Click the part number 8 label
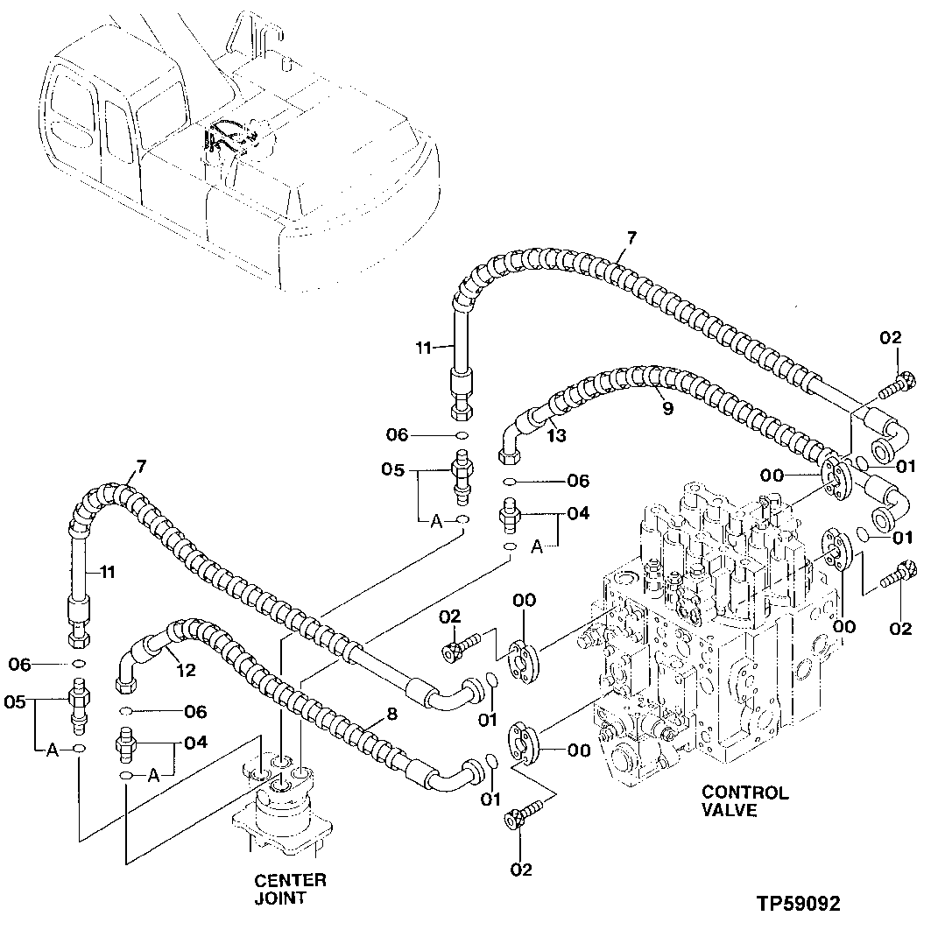click(x=391, y=714)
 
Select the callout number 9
click(x=667, y=406)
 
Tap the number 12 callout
click(x=187, y=672)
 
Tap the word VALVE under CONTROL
click(x=730, y=811)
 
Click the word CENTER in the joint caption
click(x=290, y=880)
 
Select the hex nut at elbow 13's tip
click(x=509, y=454)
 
